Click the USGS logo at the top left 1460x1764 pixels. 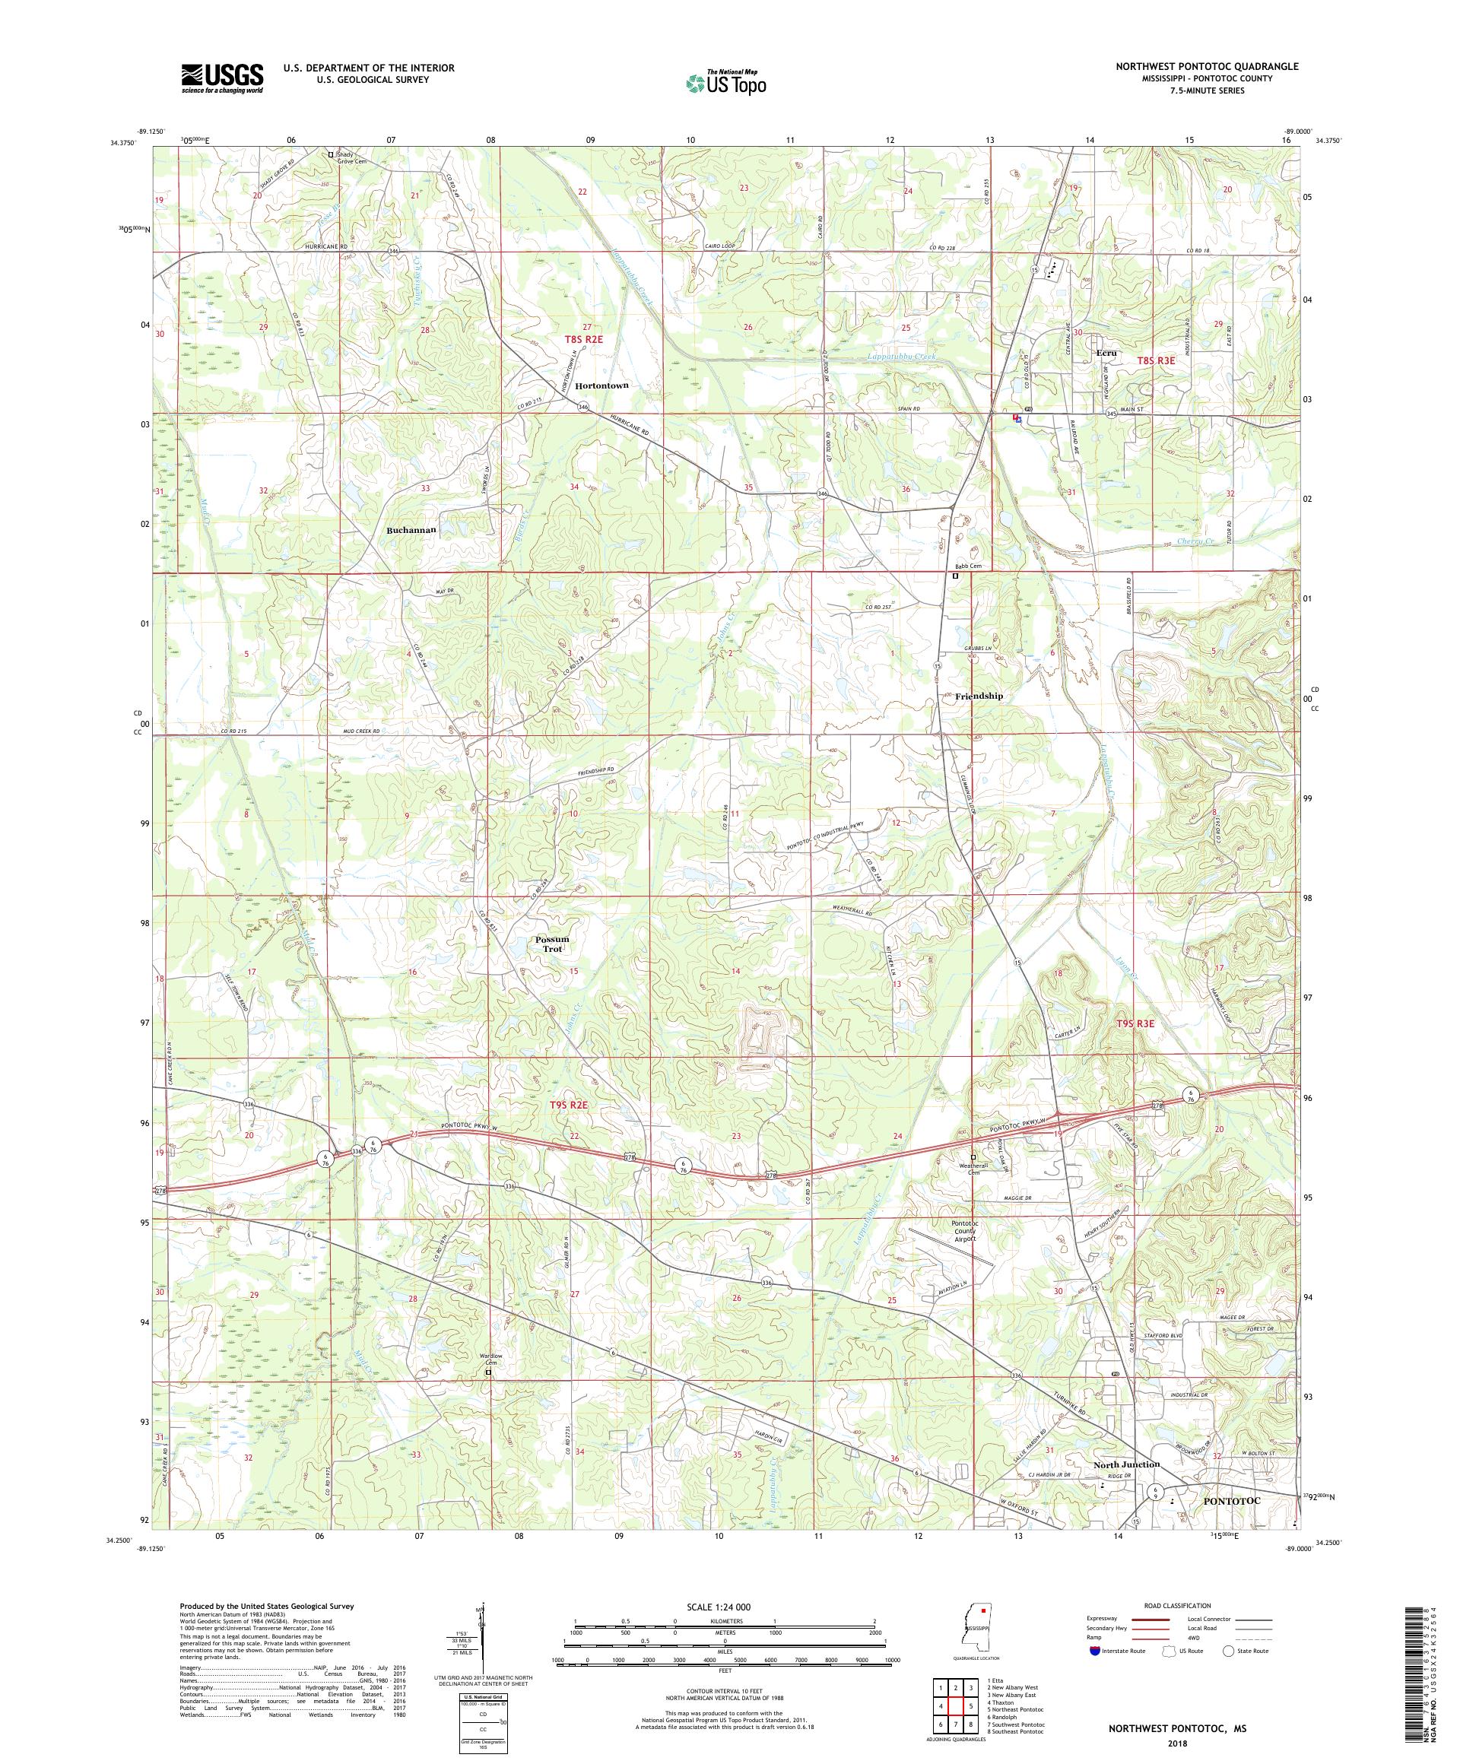point(223,79)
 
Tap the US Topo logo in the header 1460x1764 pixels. point(727,82)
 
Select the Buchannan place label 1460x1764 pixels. point(411,531)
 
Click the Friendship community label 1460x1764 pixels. point(979,696)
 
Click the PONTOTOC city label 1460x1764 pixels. point(1233,1500)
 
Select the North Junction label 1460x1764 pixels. point(1126,1464)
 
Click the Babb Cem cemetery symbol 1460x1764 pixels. point(955,576)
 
